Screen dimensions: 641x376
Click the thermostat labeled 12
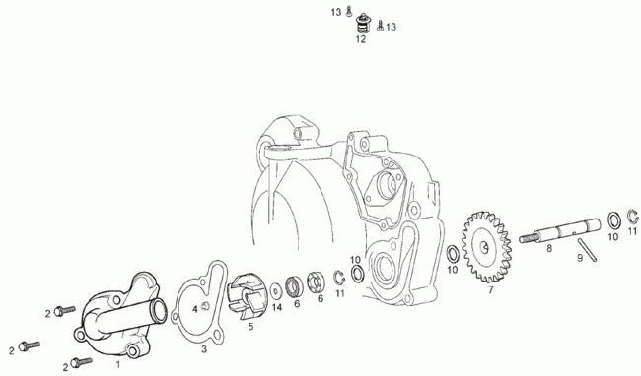[361, 24]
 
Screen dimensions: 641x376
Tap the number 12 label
[361, 39]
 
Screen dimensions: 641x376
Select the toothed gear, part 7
[486, 247]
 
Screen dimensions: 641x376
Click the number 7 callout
[490, 290]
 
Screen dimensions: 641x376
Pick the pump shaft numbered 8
[560, 231]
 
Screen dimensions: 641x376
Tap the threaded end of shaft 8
[527, 238]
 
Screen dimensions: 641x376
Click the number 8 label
[549, 248]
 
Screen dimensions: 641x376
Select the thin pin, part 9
[587, 250]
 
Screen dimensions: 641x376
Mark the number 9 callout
[580, 258]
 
